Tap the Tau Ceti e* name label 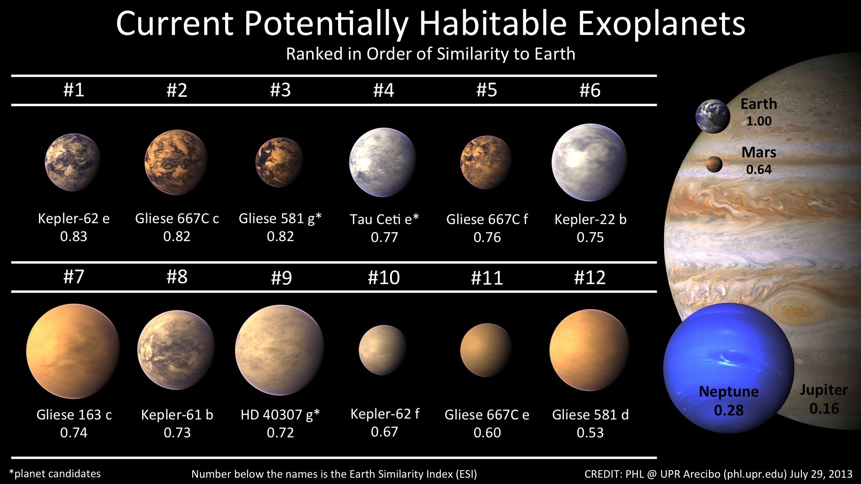pos(384,219)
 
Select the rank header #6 pos(590,91)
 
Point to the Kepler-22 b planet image pos(589,162)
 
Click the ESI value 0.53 pos(590,432)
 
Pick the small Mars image pos(714,164)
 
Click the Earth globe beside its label pos(713,117)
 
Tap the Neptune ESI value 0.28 pos(729,410)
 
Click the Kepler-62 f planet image pos(383,350)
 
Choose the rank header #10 pos(383,277)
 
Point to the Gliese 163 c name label pos(74,415)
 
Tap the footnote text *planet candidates pos(55,474)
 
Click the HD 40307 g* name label pos(280,415)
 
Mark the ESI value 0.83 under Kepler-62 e pos(74,236)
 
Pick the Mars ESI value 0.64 pos(759,169)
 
